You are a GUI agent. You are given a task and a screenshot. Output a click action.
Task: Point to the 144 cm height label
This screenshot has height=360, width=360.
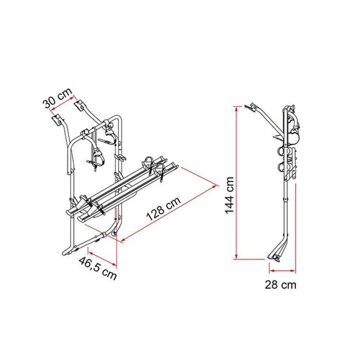tap(227, 184)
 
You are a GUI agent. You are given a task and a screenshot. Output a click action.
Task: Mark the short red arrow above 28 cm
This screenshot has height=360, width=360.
tap(277, 269)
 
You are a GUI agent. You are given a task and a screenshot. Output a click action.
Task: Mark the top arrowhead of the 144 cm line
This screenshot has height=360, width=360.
tap(238, 108)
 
